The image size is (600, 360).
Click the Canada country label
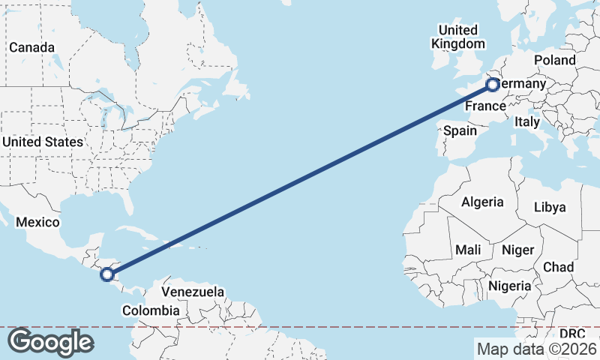[32, 47]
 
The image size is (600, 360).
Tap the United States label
[42, 142]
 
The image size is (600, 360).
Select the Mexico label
[37, 222]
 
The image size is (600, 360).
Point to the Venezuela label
[193, 290]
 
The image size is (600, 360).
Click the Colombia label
[151, 310]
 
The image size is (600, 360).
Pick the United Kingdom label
[457, 37]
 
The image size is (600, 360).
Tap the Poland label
[554, 60]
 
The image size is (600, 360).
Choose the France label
[484, 106]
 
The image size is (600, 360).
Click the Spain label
[460, 130]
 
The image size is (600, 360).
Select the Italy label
[527, 121]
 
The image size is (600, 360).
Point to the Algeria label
[482, 202]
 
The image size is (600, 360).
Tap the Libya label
[550, 207]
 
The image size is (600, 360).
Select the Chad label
[558, 267]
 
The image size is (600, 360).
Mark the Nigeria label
[510, 286]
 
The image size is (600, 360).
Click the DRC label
[572, 332]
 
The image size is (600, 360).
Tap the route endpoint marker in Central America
[107, 274]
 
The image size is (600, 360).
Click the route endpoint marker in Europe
[492, 84]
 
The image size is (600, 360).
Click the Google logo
[50, 341]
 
